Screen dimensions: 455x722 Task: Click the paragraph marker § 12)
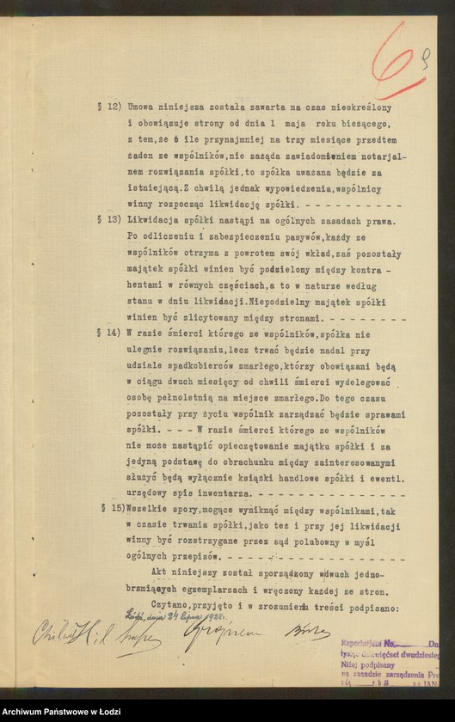109,109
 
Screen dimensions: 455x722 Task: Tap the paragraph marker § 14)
109,331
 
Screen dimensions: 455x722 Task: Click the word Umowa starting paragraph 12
141,109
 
